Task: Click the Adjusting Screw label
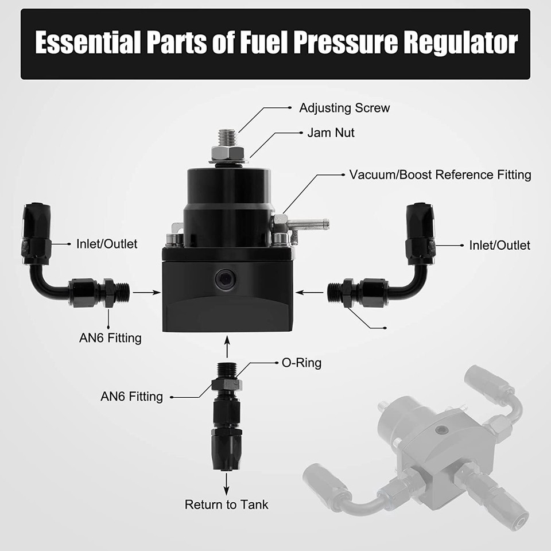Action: tap(344, 107)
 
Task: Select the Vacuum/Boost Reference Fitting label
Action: tap(440, 174)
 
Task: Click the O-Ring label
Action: tap(301, 363)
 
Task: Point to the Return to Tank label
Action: tap(226, 505)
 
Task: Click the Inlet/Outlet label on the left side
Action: tap(107, 244)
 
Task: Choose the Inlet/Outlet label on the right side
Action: tap(499, 246)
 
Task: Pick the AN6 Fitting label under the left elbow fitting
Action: tap(110, 337)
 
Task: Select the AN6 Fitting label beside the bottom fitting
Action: tap(131, 397)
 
